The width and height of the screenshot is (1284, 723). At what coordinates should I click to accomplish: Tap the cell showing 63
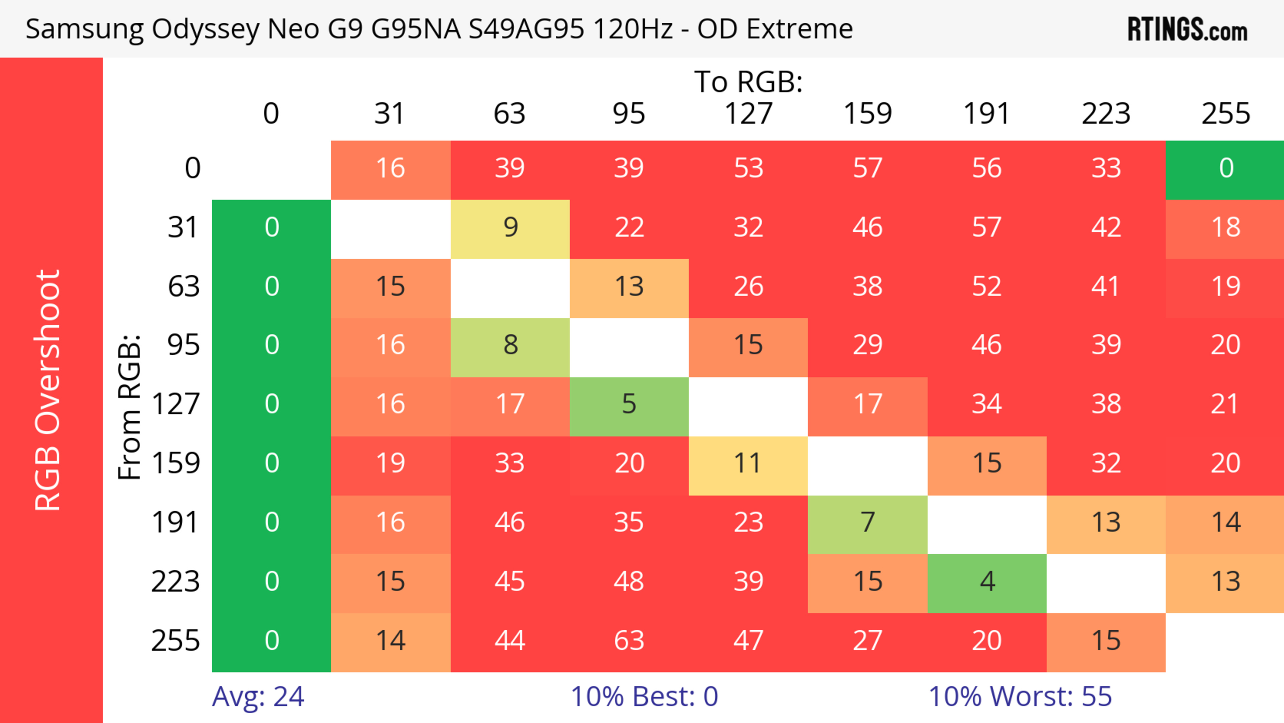click(629, 641)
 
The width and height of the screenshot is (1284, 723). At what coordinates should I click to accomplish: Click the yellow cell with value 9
click(510, 228)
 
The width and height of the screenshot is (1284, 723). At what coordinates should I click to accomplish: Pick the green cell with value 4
click(987, 582)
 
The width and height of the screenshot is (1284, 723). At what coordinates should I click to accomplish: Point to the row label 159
click(176, 464)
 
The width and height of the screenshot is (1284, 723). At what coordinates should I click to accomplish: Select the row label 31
click(184, 228)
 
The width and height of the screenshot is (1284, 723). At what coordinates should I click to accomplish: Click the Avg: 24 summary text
click(258, 697)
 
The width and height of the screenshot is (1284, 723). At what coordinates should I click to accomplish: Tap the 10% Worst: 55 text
click(1020, 697)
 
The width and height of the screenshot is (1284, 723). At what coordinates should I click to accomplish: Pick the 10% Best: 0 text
click(644, 697)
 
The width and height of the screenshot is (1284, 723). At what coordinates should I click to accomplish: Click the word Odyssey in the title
click(205, 29)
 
